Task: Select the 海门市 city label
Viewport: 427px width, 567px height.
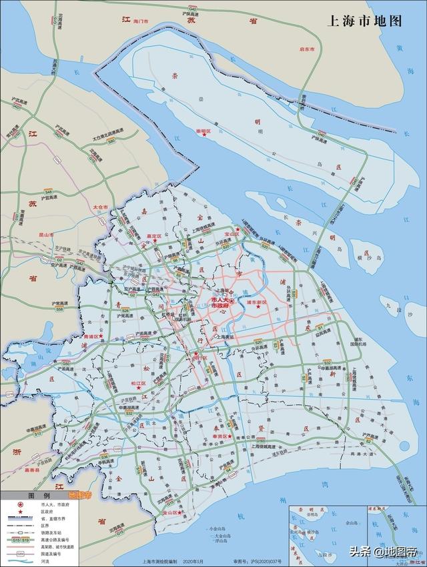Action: [x=140, y=22]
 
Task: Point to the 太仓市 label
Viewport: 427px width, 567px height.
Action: [x=100, y=207]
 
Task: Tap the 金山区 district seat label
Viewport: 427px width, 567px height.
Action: [x=169, y=513]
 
